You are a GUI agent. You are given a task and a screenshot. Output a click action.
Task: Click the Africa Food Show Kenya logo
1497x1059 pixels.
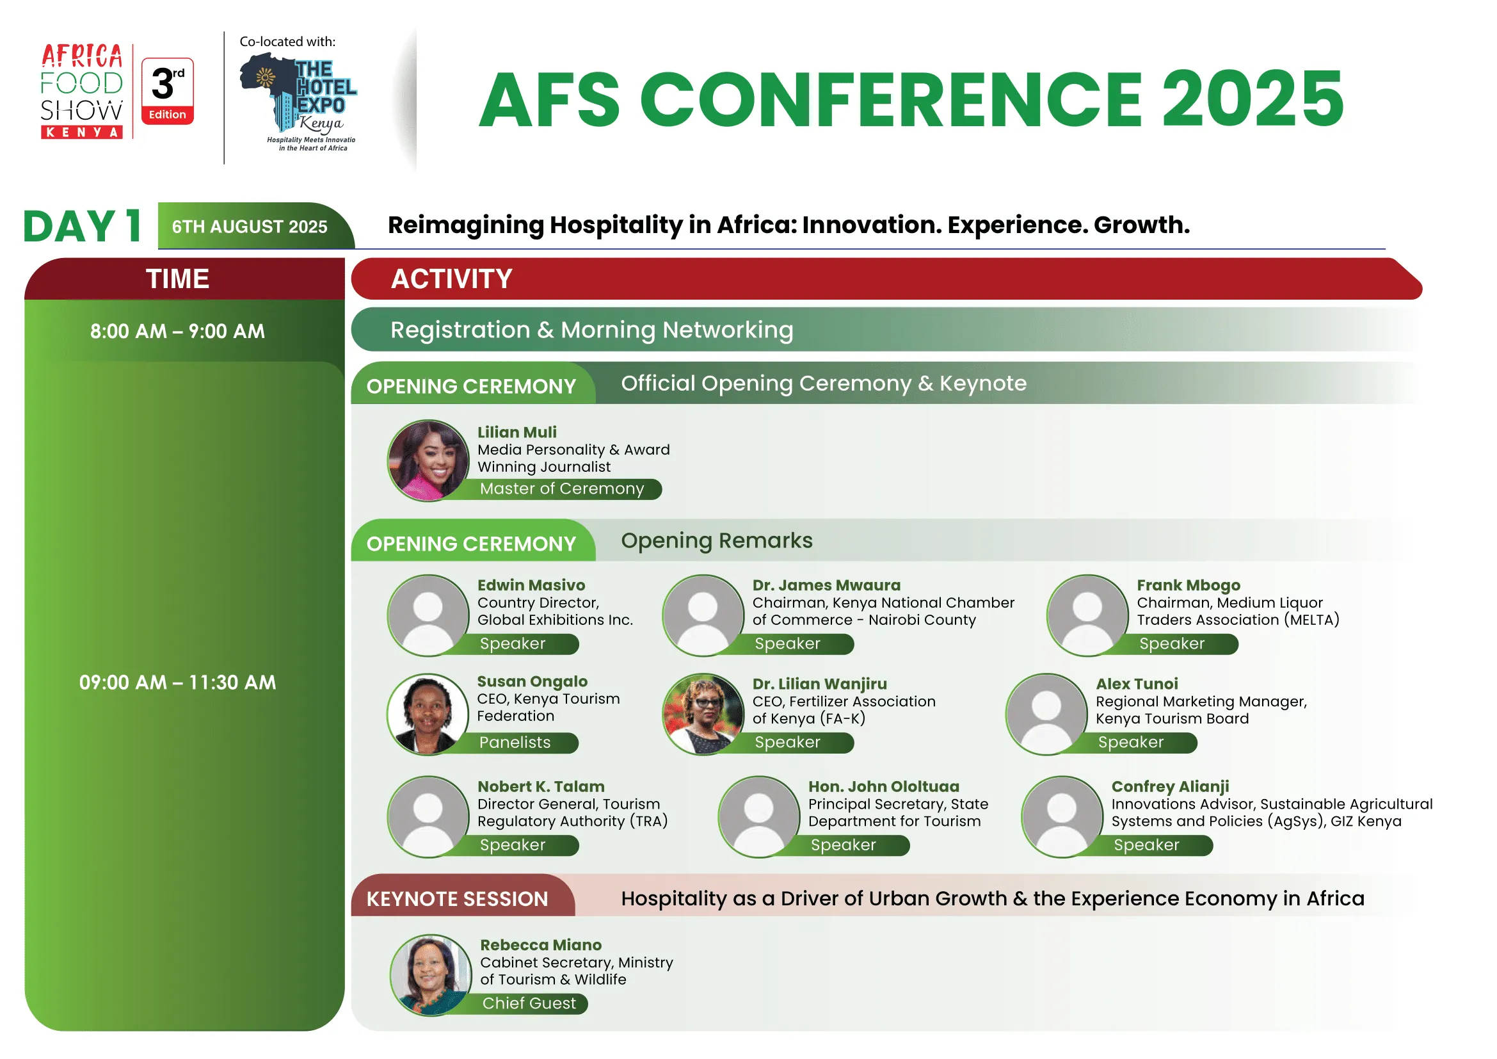82,92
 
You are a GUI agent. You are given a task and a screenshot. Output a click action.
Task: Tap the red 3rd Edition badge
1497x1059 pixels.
168,92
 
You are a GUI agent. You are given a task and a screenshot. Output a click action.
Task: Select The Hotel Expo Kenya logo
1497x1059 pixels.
300,102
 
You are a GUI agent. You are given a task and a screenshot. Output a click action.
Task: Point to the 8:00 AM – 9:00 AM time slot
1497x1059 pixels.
177,331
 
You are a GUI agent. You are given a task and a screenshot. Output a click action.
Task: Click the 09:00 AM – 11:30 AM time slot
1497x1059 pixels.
177,683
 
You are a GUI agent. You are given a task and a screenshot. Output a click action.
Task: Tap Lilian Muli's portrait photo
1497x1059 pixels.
428,460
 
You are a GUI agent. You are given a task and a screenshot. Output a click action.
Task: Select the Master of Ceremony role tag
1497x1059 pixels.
562,489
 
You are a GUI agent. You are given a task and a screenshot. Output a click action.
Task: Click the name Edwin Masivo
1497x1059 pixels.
531,585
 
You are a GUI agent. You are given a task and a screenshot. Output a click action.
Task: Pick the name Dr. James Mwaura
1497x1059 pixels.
827,585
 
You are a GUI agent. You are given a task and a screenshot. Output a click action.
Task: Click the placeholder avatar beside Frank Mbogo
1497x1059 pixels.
1087,615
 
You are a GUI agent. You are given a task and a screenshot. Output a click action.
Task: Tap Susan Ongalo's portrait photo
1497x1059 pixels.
428,715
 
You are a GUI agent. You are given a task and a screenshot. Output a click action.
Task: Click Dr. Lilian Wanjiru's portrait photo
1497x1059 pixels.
703,715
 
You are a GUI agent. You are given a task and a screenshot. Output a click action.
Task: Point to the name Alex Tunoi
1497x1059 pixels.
1137,684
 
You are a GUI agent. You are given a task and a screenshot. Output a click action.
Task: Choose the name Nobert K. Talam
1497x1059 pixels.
541,786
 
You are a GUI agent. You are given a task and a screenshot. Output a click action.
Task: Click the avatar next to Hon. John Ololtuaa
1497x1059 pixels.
759,817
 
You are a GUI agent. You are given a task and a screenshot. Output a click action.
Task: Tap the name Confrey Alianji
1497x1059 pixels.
1171,787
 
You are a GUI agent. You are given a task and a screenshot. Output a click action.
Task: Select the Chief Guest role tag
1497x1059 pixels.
529,1003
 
